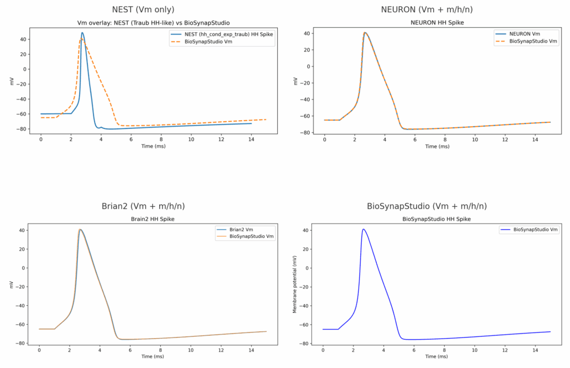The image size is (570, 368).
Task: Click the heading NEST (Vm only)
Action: click(x=143, y=9)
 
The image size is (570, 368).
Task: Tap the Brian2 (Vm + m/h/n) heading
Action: click(x=143, y=206)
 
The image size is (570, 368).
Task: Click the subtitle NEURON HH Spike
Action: click(x=436, y=23)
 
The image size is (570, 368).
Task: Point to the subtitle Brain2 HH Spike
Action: click(x=153, y=220)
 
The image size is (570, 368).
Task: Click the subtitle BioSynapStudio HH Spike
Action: click(x=436, y=220)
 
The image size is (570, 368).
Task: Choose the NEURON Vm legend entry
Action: click(x=524, y=34)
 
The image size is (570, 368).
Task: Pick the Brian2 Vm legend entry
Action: click(x=243, y=229)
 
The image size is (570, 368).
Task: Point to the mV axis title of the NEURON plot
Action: click(x=295, y=81)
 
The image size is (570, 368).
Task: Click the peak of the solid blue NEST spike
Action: click(x=82, y=32)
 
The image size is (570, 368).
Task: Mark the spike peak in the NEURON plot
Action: click(x=365, y=32)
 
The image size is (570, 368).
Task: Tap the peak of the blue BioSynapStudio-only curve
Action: click(x=363, y=229)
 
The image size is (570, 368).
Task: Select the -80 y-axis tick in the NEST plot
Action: click(x=23, y=128)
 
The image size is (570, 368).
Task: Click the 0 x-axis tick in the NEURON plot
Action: click(x=325, y=140)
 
